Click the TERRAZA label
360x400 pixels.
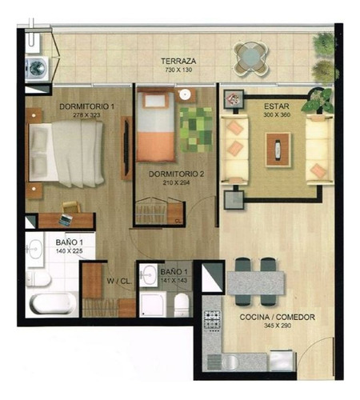[179, 61]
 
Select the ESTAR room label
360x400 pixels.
[276, 106]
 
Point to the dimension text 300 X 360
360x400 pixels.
[275, 115]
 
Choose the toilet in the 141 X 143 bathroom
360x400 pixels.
[182, 303]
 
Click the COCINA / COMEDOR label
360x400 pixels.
[276, 318]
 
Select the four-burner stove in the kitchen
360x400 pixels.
[213, 321]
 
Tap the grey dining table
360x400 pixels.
[256, 282]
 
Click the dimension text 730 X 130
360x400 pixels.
[179, 70]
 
